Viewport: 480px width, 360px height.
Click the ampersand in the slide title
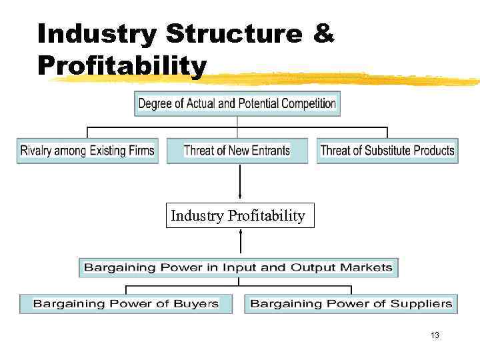coord(323,33)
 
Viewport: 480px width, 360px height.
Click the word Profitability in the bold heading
coord(122,65)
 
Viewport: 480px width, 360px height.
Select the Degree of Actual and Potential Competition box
coord(237,103)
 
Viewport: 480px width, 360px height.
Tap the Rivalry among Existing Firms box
coord(87,151)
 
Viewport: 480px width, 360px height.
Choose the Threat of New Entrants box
coord(237,151)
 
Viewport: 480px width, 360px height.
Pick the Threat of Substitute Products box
coord(387,151)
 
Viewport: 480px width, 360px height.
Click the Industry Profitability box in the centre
coord(239,216)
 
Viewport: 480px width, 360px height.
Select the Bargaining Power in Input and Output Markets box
coord(238,267)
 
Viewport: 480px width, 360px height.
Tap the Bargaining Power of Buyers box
coord(126,303)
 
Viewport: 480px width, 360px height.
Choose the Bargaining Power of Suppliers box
coord(351,303)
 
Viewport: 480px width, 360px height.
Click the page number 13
coord(435,335)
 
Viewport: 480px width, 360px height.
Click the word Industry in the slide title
coord(97,33)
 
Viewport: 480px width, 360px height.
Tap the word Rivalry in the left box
coord(36,151)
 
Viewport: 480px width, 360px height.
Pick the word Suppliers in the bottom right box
coord(422,303)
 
